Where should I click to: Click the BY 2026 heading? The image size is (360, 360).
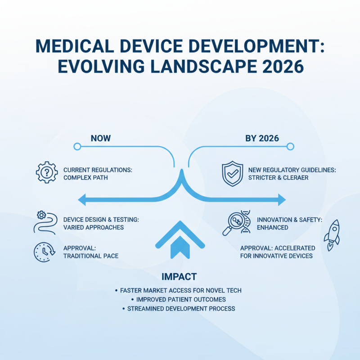pos(262,138)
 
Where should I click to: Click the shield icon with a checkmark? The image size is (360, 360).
pos(233,173)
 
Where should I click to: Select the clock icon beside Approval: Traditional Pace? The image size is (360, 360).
pos(44,252)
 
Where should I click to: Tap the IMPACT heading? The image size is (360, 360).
pos(180,276)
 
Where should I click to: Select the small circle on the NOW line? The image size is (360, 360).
pos(77,146)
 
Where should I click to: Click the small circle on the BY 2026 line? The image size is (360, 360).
pos(290,146)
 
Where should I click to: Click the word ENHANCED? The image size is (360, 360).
pos(273,227)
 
